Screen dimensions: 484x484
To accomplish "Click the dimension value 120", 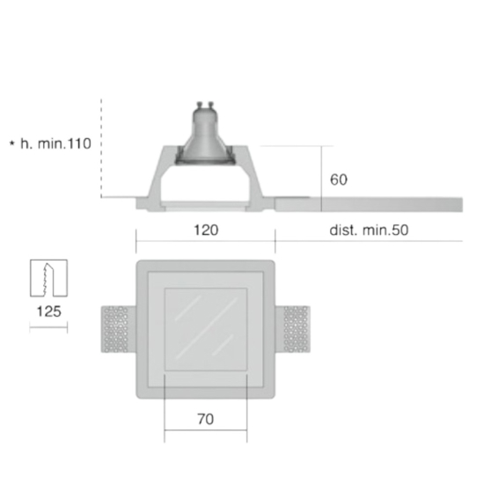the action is [206, 231].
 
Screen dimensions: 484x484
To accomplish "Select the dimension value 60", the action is [339, 180].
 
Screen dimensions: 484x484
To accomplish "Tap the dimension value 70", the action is [206, 419].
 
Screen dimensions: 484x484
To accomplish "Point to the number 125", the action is [48, 312].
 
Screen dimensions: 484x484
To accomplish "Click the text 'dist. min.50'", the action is [369, 231].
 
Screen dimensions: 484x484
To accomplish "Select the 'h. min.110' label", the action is [55, 143].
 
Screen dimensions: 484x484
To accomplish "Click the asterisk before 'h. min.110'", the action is [12, 143].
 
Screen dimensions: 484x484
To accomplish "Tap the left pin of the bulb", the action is [200, 105].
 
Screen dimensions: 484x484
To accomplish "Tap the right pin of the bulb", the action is [211, 105].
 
